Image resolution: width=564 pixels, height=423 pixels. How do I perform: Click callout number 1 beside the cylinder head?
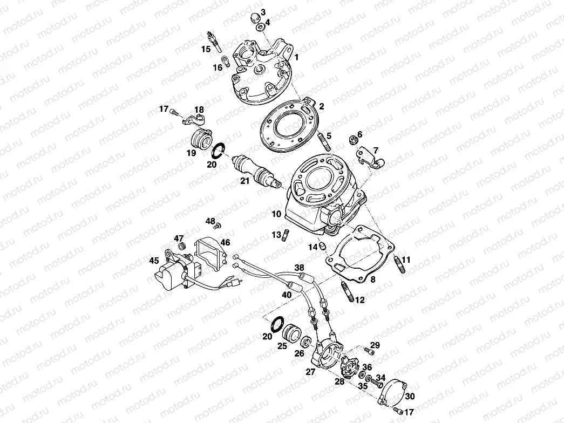click(296, 57)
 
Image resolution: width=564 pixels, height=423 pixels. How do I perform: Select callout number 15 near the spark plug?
click(206, 49)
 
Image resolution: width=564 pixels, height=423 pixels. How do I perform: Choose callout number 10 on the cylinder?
click(276, 214)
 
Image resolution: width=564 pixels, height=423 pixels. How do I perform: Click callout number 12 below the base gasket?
click(360, 299)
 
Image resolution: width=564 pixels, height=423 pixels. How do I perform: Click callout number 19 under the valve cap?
click(191, 153)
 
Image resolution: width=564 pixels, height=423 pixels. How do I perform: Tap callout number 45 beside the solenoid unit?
click(154, 261)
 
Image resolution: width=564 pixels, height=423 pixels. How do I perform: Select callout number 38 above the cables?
click(300, 267)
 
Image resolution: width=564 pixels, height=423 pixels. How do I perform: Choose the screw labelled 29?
click(370, 352)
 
